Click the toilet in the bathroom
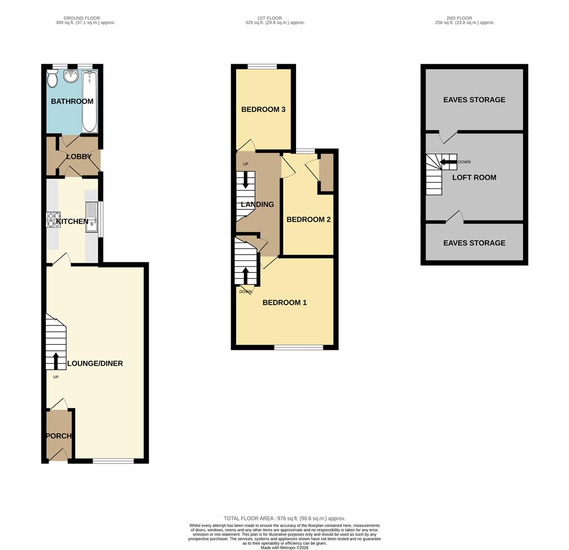(52, 80)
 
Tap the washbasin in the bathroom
(71, 76)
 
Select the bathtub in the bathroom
(90, 102)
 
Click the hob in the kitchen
(53, 219)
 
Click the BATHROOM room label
(72, 101)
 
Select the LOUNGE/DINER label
(95, 364)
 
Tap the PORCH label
(59, 436)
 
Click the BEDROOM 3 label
(263, 109)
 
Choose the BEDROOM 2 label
(308, 219)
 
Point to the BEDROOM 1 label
(284, 302)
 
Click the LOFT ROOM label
(474, 178)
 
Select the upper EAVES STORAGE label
(474, 100)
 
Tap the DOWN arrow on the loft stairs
(448, 162)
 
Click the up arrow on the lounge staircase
(56, 360)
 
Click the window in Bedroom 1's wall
(299, 347)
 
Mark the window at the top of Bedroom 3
(262, 66)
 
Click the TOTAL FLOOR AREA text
(284, 518)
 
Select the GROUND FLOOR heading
(82, 18)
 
